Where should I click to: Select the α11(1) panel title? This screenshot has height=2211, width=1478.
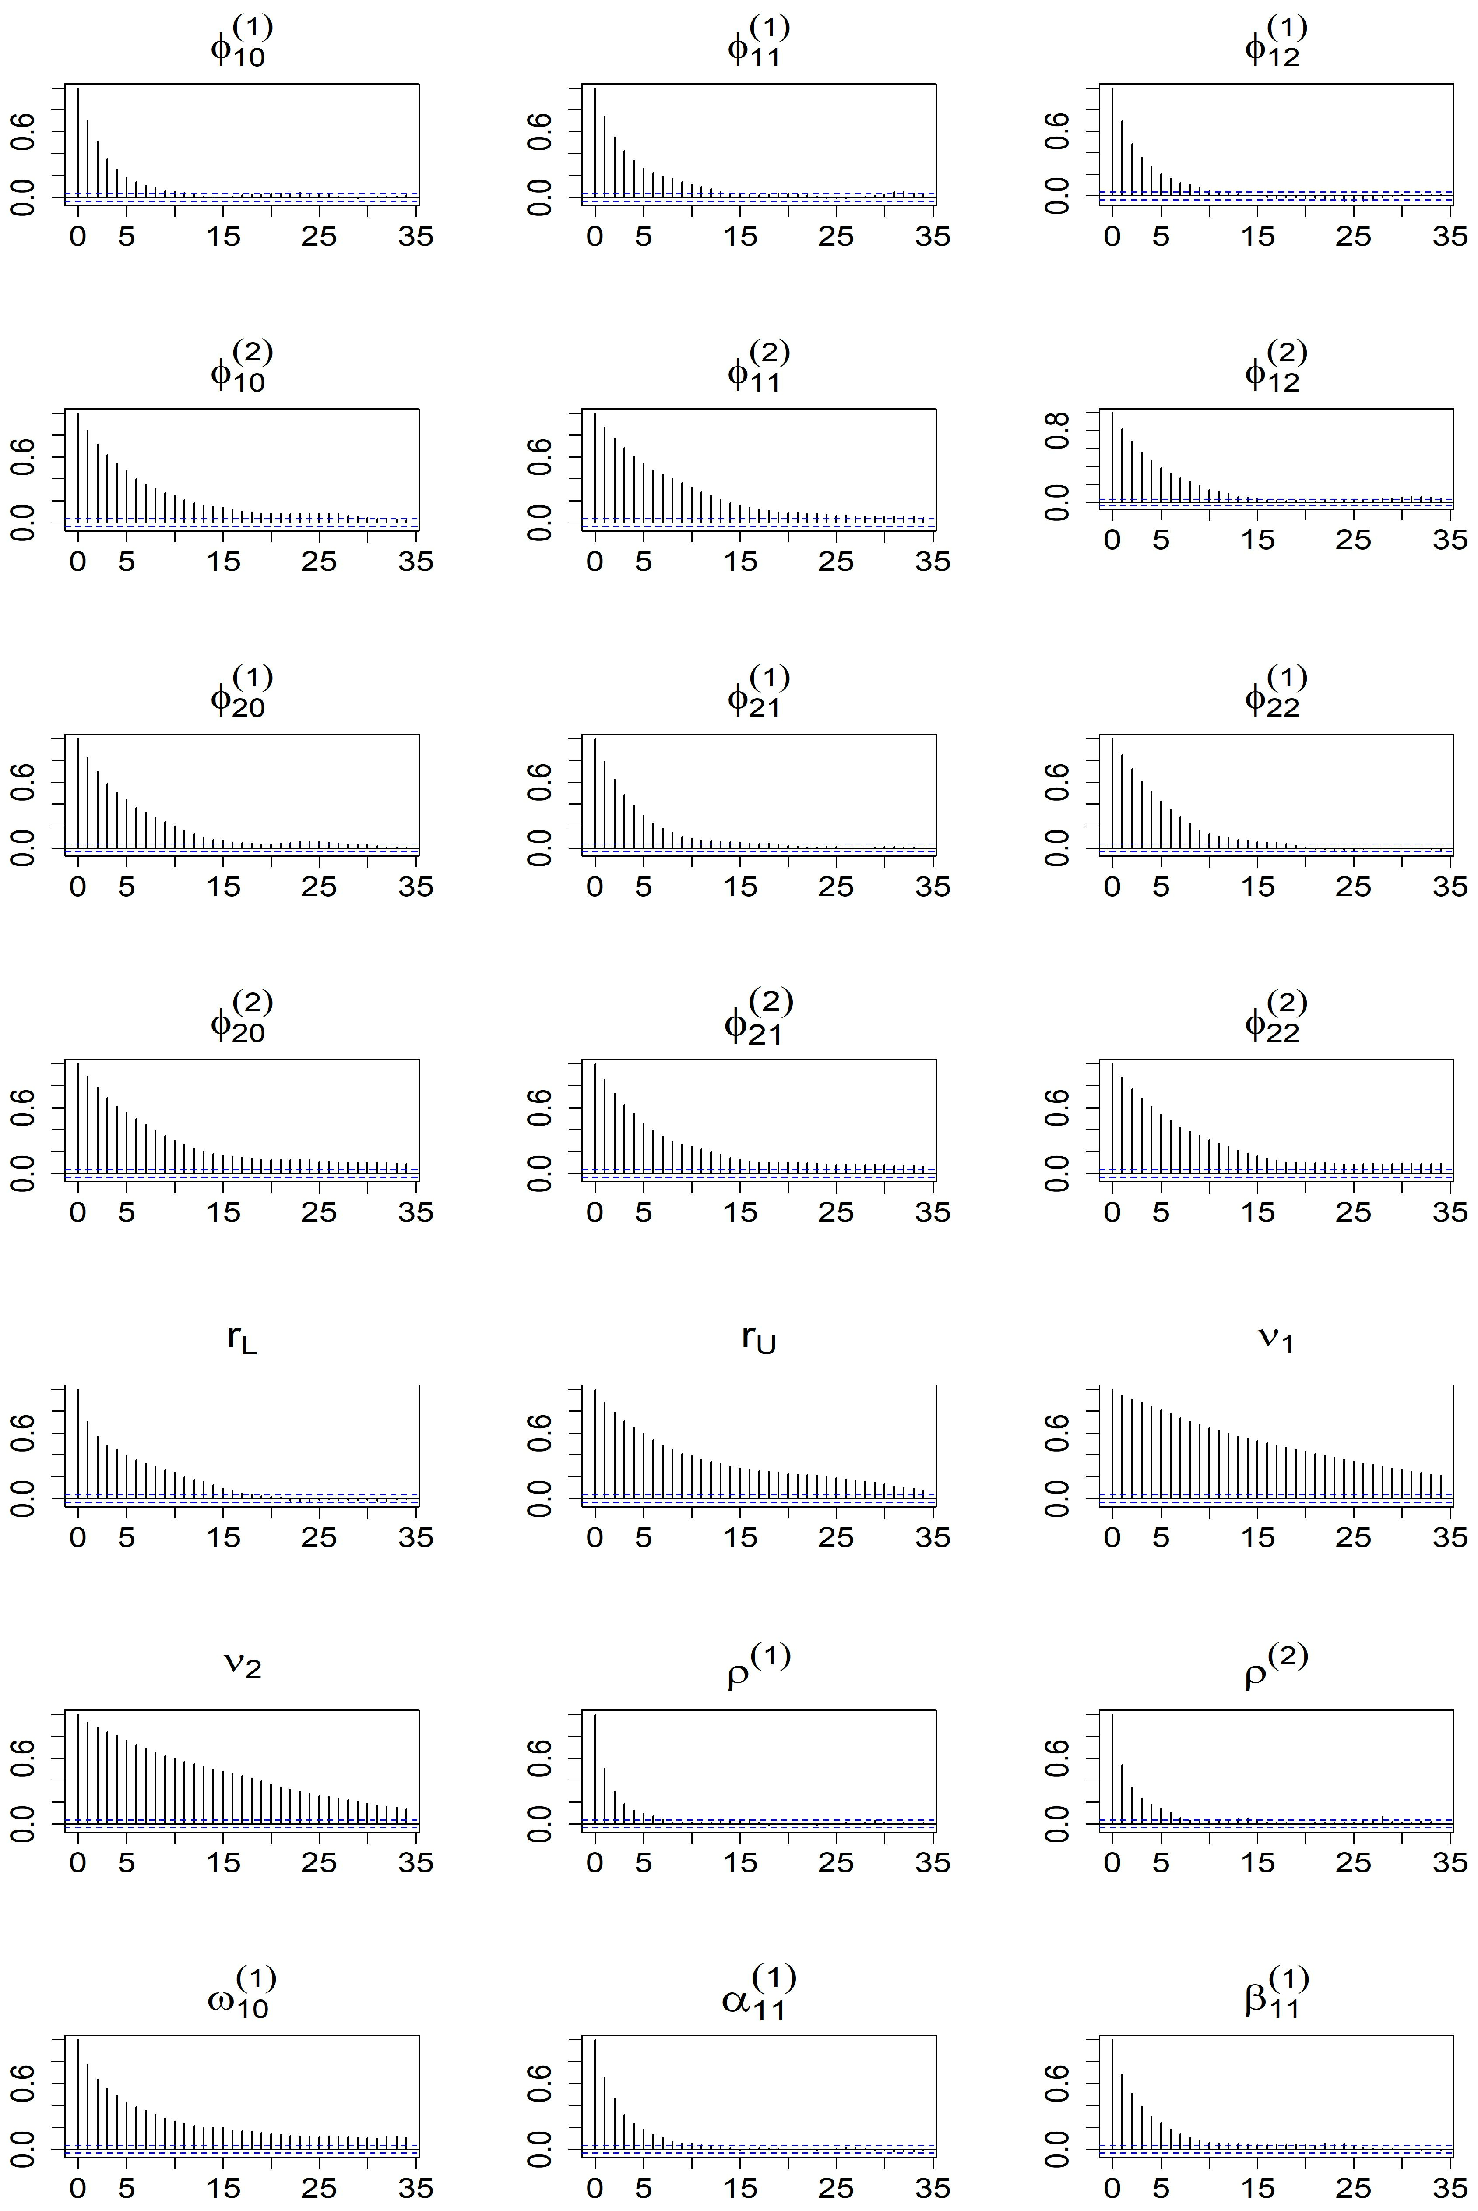[759, 1991]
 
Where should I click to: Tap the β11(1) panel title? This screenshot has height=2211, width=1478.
[1276, 1991]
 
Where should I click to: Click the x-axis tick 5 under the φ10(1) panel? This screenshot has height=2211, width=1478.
[127, 236]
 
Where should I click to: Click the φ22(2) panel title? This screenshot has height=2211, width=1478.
[1276, 1017]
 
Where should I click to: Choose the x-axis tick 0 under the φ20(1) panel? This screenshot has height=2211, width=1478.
[77, 887]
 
